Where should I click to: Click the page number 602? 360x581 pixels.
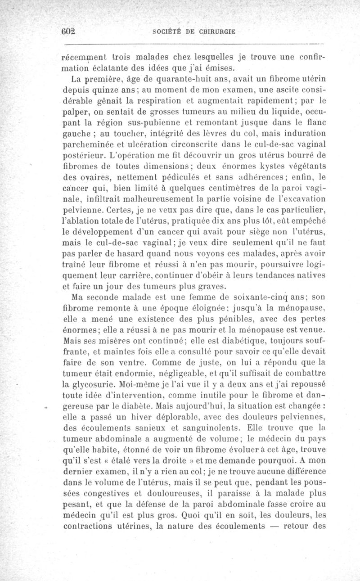[69, 32]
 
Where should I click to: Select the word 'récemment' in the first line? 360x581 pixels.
[82, 58]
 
